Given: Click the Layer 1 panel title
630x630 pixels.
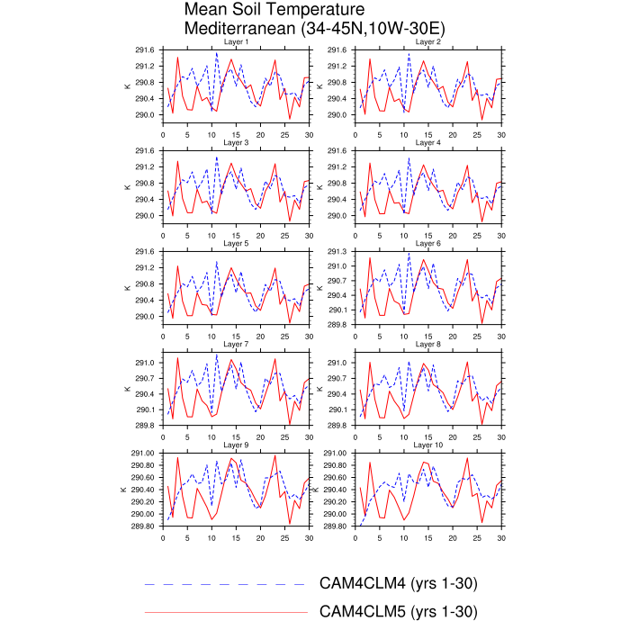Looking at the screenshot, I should point(236,42).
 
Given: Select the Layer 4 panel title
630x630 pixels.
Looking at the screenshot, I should point(428,143).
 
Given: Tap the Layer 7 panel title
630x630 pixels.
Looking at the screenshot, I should point(236,345).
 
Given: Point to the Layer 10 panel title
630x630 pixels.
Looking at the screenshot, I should point(428,445).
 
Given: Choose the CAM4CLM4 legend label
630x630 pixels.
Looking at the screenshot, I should point(398,584).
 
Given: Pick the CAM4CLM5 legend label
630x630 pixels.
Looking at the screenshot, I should point(398,612).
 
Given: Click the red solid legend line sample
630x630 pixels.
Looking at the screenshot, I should point(225,612).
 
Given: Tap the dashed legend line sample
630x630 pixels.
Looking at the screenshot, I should point(225,584).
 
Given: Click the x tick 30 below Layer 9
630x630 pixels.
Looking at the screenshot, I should point(309,538).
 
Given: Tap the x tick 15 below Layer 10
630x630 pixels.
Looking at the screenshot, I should point(428,538).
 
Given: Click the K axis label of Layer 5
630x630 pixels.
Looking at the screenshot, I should point(126,288).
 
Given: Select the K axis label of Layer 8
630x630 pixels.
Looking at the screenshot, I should point(319,389).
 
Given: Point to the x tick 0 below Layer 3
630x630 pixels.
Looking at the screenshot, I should point(163,236).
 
